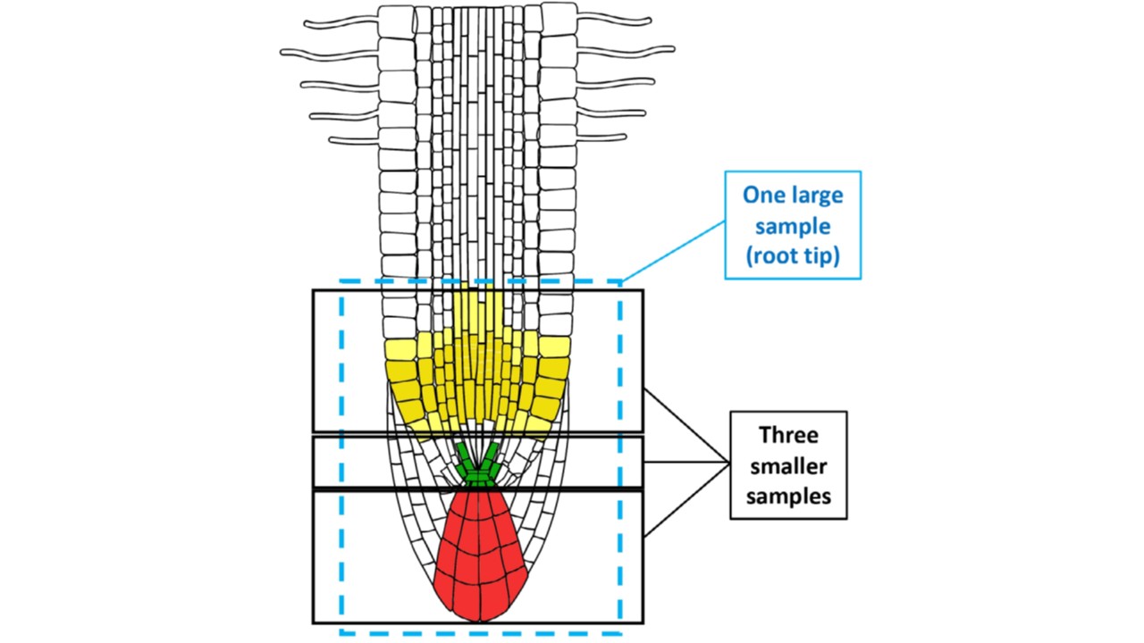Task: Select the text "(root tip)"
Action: click(793, 256)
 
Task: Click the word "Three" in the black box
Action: click(787, 436)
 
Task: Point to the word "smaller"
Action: click(787, 465)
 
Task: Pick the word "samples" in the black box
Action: click(787, 496)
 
